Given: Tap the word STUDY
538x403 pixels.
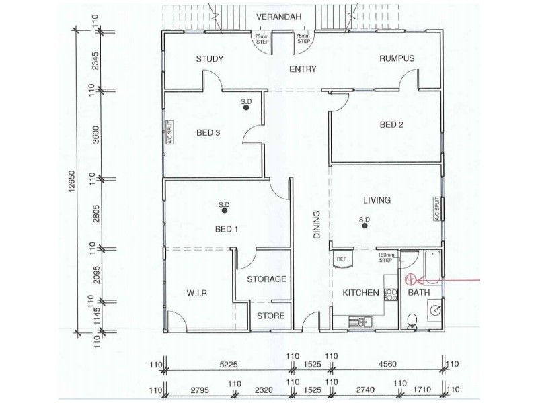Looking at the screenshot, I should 209,59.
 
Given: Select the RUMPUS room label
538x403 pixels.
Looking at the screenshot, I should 396,59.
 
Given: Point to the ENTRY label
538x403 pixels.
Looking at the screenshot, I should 303,69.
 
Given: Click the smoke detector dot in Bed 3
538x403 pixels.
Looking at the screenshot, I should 246,107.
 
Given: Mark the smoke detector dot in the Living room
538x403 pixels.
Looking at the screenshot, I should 364,226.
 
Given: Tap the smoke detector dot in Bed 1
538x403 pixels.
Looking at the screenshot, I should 224,211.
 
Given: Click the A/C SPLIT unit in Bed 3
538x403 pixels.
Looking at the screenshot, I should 169,133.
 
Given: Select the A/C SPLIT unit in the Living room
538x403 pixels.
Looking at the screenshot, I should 437,209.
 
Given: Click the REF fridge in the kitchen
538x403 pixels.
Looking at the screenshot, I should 341,258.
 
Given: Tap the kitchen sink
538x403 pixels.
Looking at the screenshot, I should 360,322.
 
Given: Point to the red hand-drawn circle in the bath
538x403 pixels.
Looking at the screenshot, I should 410,279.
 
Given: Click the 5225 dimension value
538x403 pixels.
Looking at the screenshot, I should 229,366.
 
